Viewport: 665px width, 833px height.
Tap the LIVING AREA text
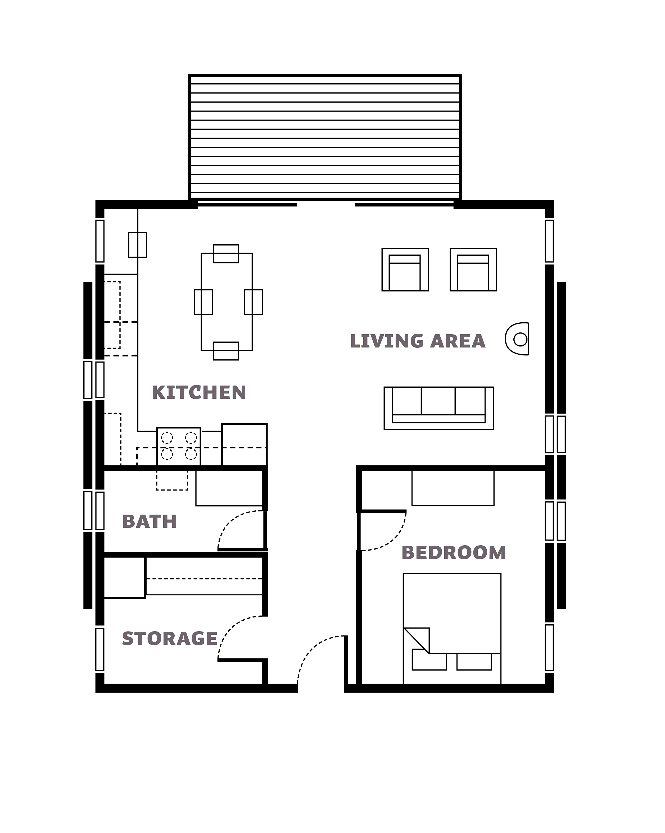(418, 341)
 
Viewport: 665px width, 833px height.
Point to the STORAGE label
(170, 639)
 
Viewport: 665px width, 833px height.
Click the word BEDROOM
(454, 553)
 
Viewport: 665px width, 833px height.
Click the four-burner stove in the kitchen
(179, 446)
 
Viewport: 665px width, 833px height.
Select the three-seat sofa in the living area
(438, 408)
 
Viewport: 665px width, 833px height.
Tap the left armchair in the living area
(405, 270)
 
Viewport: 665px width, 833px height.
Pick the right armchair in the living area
(473, 270)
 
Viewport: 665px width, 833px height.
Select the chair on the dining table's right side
(253, 302)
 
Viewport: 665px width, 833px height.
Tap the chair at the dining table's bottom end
(226, 351)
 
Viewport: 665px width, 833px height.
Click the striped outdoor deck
(325, 137)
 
